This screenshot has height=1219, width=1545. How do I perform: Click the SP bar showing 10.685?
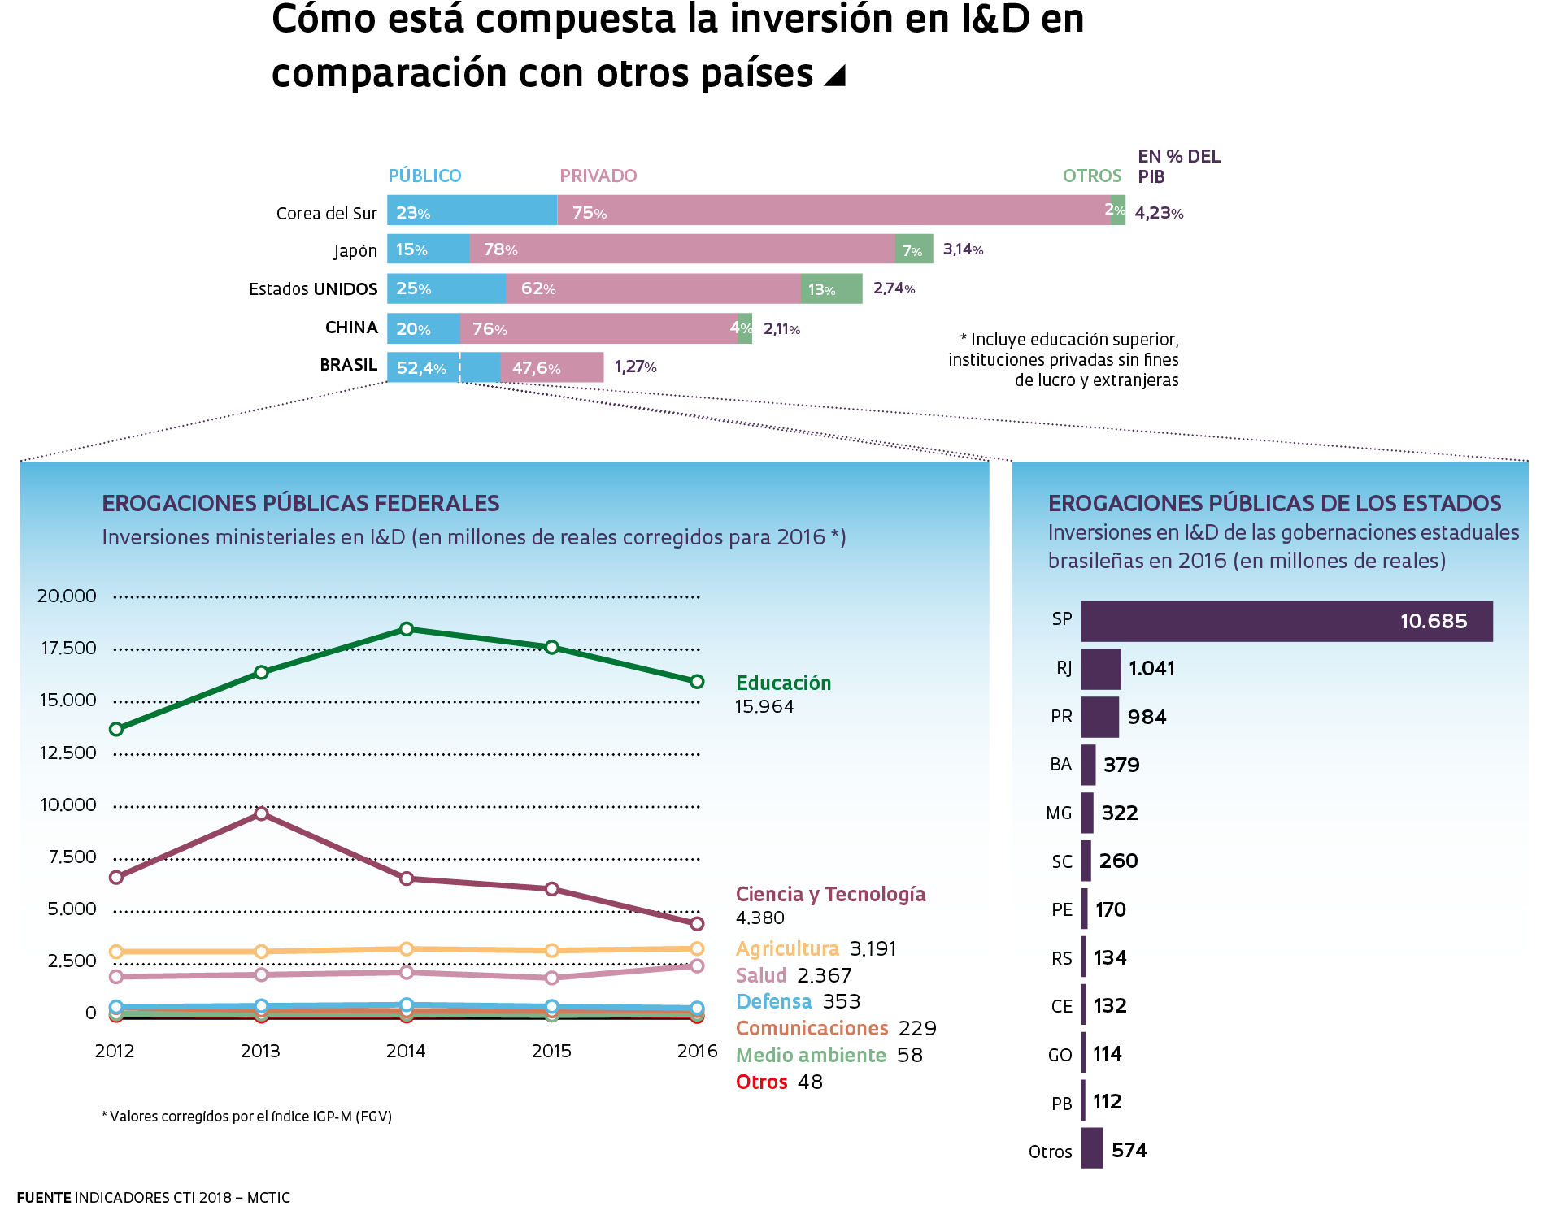click(1286, 622)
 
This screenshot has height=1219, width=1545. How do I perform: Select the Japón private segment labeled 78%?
click(681, 249)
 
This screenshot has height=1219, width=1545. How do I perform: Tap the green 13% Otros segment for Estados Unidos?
click(831, 289)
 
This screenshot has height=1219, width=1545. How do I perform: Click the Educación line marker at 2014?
click(407, 629)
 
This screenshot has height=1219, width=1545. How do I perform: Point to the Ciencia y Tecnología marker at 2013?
click(261, 813)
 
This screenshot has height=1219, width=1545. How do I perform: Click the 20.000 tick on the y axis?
click(67, 596)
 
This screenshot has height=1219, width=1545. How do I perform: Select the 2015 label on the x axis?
click(551, 1051)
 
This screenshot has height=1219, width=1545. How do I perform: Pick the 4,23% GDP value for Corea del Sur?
click(1159, 213)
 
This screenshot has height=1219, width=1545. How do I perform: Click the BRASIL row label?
click(348, 365)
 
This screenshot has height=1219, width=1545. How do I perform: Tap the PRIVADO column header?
click(598, 176)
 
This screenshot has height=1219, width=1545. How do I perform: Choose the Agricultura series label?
click(787, 948)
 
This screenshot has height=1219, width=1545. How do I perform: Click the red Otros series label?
click(761, 1082)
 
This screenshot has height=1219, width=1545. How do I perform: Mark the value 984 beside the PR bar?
click(1147, 717)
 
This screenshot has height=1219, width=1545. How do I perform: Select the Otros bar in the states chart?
click(1091, 1148)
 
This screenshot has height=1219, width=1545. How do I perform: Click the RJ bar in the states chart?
click(1100, 669)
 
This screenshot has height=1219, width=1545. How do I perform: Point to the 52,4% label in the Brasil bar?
click(421, 368)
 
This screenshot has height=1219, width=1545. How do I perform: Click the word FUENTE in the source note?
click(44, 1198)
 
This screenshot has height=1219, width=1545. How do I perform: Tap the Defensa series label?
click(773, 1002)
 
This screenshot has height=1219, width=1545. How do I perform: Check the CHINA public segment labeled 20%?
click(423, 329)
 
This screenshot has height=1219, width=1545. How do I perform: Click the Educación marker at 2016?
click(697, 682)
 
